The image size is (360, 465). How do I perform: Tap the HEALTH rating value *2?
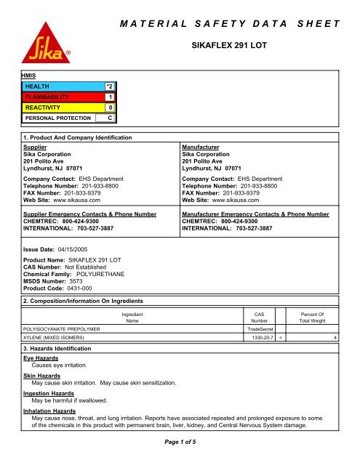pos(108,86)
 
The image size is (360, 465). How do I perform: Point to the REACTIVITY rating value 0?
pos(108,107)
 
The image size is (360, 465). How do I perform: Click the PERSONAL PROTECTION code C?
pos(108,117)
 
